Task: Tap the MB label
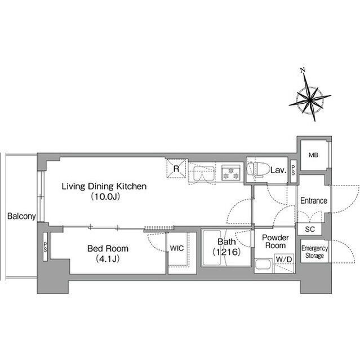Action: [313, 155]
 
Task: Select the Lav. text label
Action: [278, 170]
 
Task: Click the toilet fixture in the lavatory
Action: [258, 170]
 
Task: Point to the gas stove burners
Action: [231, 173]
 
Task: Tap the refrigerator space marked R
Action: [176, 169]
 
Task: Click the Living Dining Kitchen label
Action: [104, 186]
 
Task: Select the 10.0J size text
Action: [105, 197]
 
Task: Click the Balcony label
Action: [21, 216]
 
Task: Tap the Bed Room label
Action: [108, 248]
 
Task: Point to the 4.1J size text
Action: [108, 259]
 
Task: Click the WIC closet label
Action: [177, 248]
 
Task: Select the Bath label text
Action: [226, 241]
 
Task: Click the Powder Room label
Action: [275, 241]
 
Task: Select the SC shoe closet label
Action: [310, 229]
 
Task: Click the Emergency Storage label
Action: [314, 252]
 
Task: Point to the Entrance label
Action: [314, 201]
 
